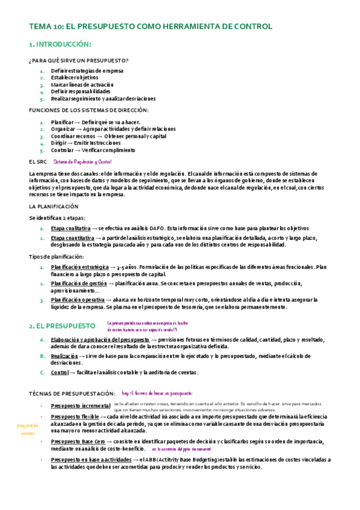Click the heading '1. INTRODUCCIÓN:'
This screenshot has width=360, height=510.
60,45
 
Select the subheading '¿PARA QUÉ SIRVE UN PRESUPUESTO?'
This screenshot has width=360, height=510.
78,61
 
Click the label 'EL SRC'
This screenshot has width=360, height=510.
38,162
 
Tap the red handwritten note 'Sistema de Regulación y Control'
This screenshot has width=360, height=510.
82,162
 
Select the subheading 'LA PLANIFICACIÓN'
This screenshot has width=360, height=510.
54,206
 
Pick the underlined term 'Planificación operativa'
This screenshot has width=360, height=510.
78,300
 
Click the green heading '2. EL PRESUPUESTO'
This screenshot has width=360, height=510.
62,326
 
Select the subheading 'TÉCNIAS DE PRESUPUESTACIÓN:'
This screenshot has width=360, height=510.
72,393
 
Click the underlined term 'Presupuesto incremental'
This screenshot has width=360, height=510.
81,405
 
